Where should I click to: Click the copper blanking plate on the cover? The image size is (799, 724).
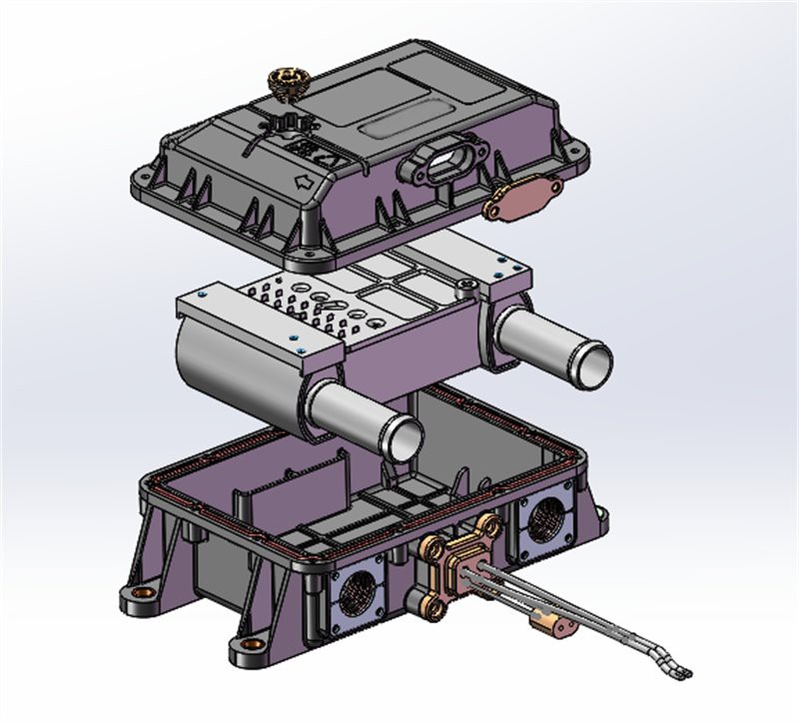point(521,196)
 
